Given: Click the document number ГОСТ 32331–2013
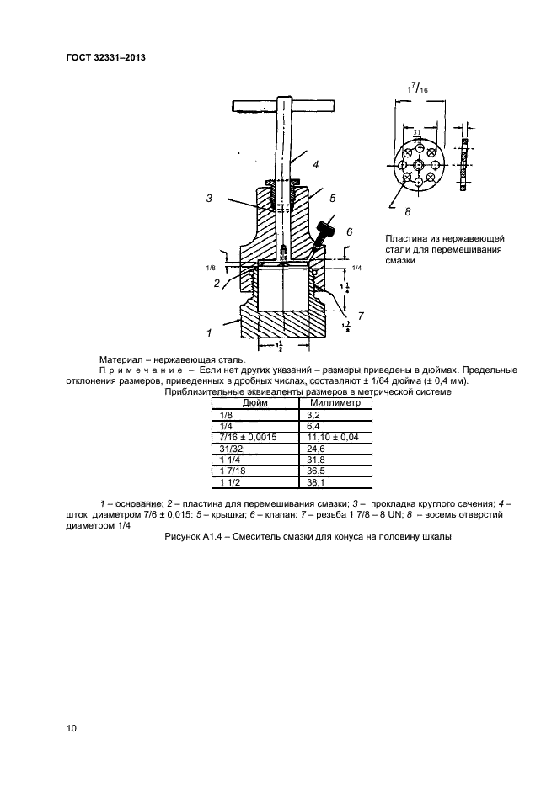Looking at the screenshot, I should (105, 58).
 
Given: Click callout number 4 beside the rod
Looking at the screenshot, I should (314, 165).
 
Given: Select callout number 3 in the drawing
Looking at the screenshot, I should (208, 198).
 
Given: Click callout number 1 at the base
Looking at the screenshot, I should (207, 333).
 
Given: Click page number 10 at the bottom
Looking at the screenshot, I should (72, 729).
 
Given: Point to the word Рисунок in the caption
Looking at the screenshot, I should (194, 539).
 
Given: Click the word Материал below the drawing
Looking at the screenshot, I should (125, 359).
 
